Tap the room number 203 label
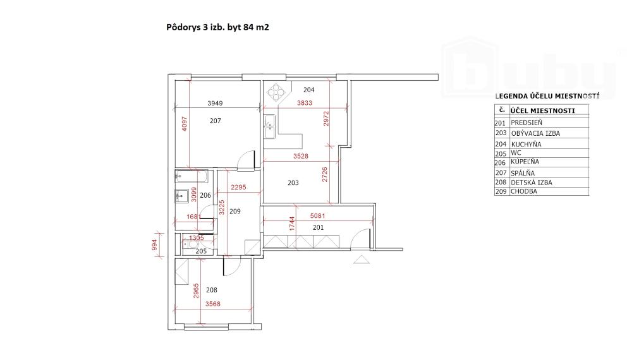pos(293,183)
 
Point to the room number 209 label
pos(234,211)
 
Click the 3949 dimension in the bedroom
pos(216,103)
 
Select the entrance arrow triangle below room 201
pos(361,258)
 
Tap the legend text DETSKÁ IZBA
pos(531,182)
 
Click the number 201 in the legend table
pos(501,123)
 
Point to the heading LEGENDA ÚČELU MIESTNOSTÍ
pos(547,96)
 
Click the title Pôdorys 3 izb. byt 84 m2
pos(213,28)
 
